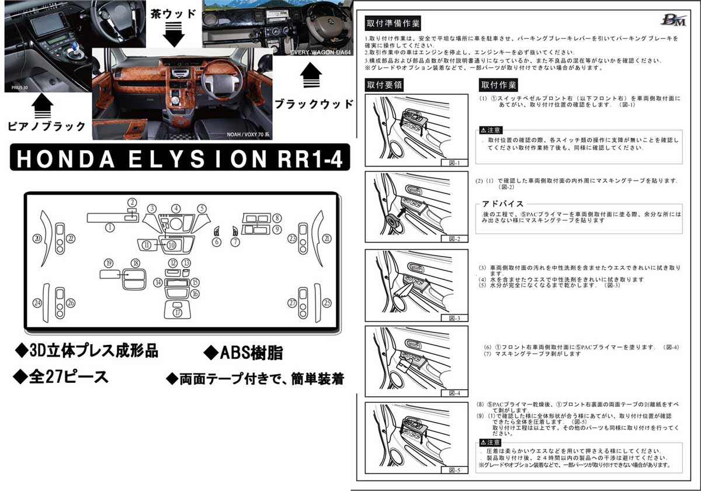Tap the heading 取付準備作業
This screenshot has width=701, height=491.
click(x=392, y=24)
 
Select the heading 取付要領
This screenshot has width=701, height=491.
click(x=384, y=84)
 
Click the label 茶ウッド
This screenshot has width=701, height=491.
click(x=174, y=12)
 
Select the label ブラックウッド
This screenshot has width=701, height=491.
click(x=314, y=104)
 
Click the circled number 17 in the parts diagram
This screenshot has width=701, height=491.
click(x=178, y=313)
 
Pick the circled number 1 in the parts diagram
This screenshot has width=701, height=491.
click(x=109, y=228)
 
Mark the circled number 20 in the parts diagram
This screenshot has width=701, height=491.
click(x=37, y=238)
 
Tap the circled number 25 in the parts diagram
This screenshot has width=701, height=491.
click(x=327, y=302)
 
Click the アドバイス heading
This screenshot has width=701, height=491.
click(x=502, y=203)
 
